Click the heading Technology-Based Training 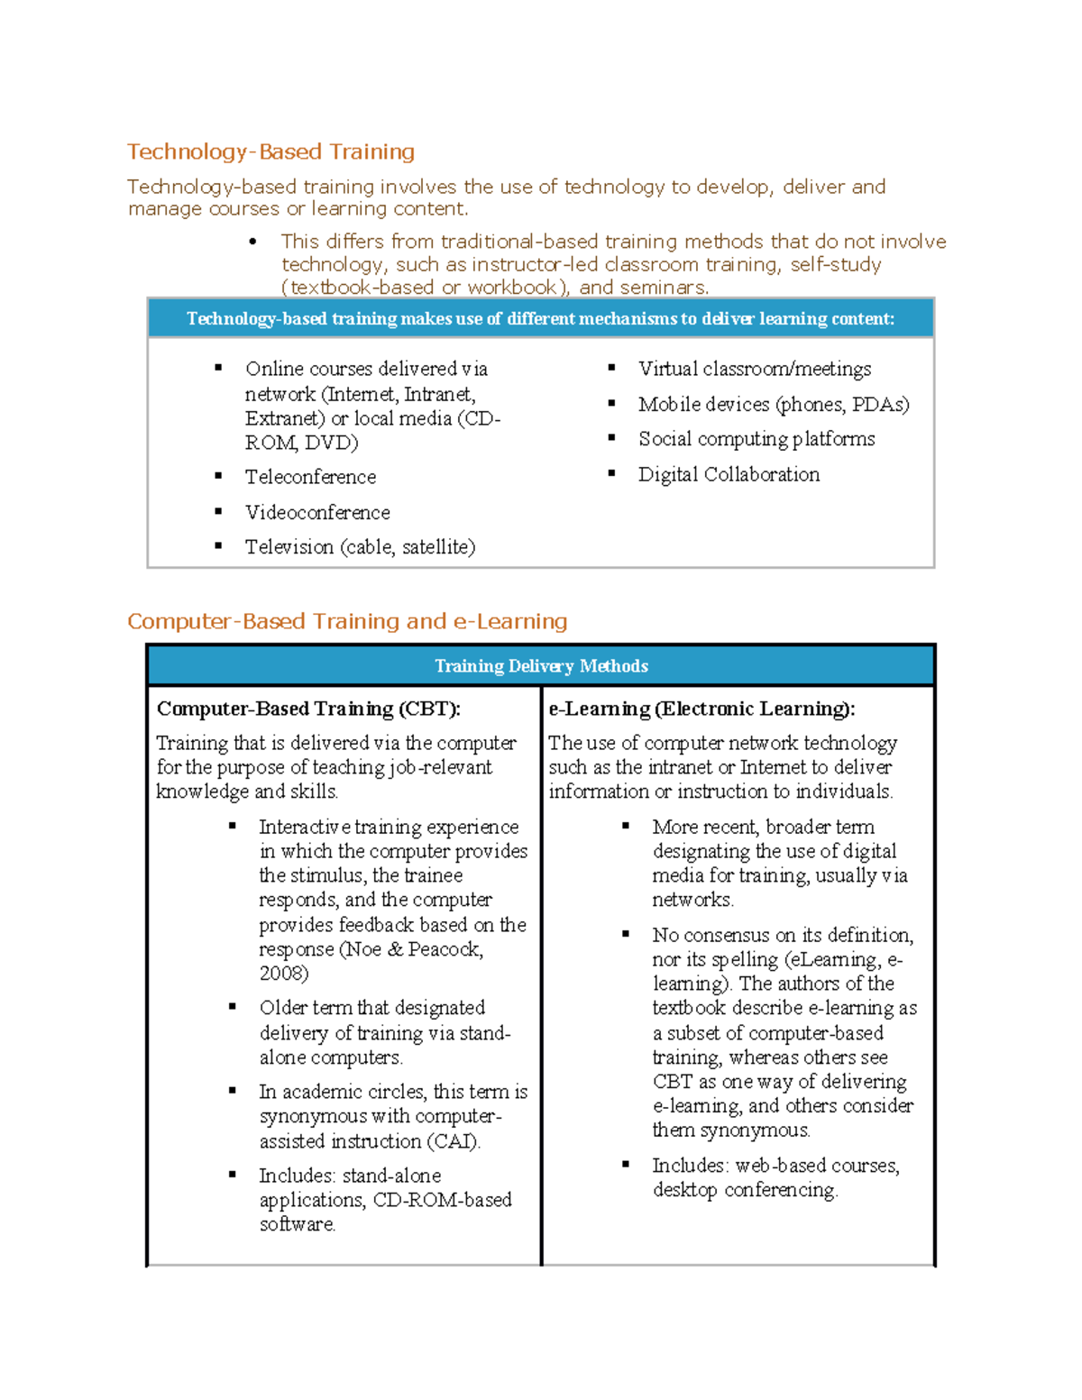[x=270, y=151]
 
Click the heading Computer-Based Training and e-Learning [x=347, y=621]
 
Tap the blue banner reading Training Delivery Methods [x=541, y=666]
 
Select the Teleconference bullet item [x=310, y=477]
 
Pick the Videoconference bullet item [x=317, y=512]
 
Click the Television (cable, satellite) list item [x=360, y=547]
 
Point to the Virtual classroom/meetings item [x=755, y=369]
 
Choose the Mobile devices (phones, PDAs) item [x=774, y=404]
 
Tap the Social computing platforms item [x=756, y=439]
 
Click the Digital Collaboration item [x=729, y=474]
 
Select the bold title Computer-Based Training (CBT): [x=308, y=709]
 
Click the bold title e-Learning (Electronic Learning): [x=701, y=709]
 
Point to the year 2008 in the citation [x=283, y=974]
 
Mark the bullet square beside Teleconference [x=218, y=475]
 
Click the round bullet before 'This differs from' [x=253, y=242]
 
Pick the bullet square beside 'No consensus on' [x=626, y=933]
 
